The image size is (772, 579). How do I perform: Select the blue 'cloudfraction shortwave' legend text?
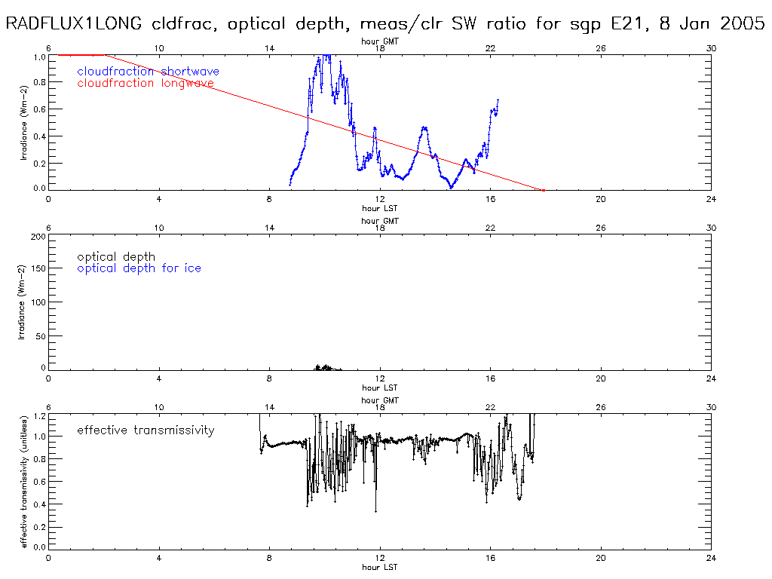[148, 72]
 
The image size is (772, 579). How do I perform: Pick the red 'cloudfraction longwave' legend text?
[146, 83]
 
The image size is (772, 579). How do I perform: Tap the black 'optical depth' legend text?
[116, 257]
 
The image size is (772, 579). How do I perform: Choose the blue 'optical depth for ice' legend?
[139, 268]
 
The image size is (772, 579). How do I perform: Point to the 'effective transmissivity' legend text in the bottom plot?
[146, 430]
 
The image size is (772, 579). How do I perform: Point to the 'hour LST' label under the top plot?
[380, 208]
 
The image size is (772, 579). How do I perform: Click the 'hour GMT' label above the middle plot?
[380, 221]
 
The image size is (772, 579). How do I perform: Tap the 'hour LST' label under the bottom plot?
[380, 567]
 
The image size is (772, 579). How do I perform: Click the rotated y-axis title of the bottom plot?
[24, 481]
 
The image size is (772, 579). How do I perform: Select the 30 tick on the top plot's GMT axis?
[711, 48]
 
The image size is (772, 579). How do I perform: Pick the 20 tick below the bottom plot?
[601, 559]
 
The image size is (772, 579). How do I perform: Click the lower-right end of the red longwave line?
[543, 189]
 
